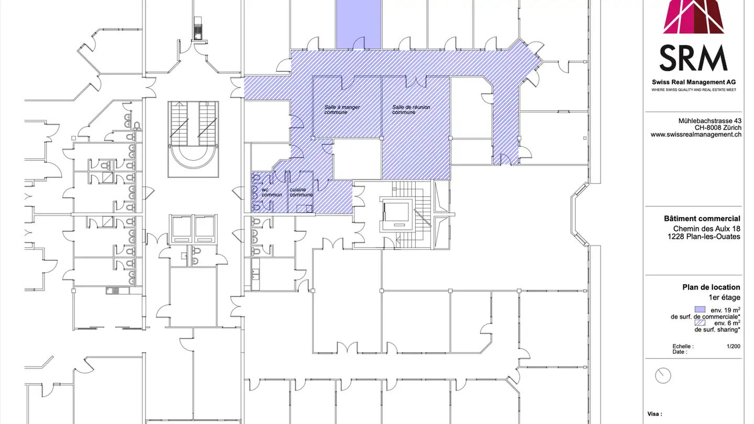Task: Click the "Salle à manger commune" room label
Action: coord(342,110)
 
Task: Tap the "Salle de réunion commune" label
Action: coord(411,110)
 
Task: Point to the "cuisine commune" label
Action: coord(301,192)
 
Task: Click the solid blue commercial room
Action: coord(358,24)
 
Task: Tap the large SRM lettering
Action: coord(693,58)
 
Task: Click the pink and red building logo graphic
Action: coord(694,17)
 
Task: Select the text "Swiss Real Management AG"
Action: coord(694,82)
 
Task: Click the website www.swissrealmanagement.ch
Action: coord(696,135)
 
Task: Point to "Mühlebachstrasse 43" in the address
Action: coord(709,121)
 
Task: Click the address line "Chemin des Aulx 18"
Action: coord(706,229)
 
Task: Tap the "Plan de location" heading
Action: coord(711,287)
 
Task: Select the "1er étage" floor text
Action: coord(724,297)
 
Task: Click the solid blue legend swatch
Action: coord(700,309)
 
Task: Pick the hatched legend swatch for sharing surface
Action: coord(700,323)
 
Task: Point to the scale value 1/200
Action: coord(733,347)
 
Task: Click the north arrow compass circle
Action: coord(663,375)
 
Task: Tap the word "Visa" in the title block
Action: coord(654,414)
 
